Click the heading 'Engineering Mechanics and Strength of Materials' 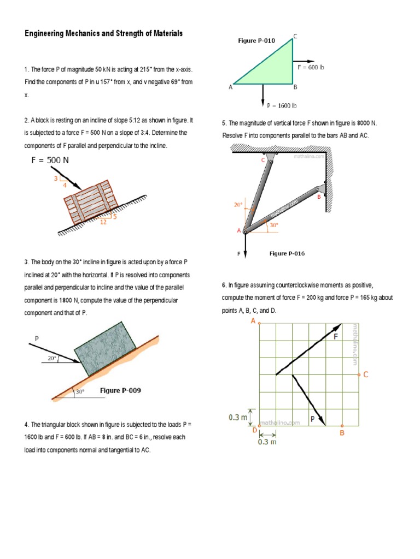point(103,34)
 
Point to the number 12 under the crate point(102,222)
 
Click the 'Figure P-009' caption point(120,390)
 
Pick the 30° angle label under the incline point(80,391)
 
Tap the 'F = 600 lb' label point(311,67)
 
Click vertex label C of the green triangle point(295,37)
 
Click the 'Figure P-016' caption point(287,253)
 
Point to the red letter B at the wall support point(319,197)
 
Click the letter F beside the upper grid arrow point(336,337)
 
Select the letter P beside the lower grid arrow point(312,419)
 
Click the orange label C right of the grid point(366,375)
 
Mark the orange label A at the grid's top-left point(253,322)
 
